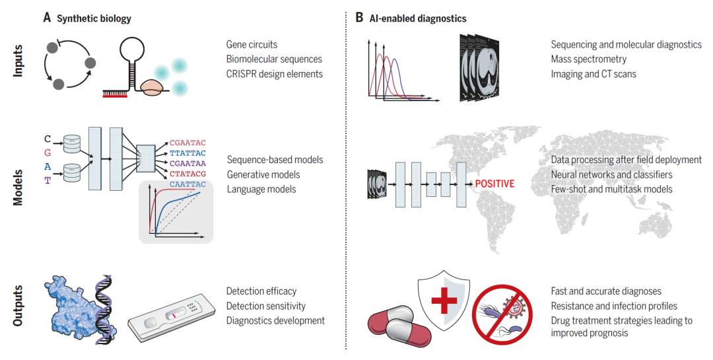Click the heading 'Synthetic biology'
click(94, 18)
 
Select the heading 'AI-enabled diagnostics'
click(418, 18)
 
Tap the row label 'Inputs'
click(18, 61)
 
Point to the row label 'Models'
click(18, 188)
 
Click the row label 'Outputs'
click(18, 306)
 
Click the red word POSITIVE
click(494, 184)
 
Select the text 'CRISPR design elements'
click(275, 74)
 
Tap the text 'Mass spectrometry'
click(588, 59)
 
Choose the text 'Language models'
click(261, 190)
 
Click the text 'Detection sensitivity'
click(266, 306)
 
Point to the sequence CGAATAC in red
click(187, 143)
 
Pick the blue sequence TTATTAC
click(187, 153)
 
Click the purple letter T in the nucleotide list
click(48, 181)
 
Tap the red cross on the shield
click(444, 299)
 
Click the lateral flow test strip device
click(172, 317)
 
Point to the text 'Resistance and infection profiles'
click(614, 306)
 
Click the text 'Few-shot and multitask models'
click(611, 190)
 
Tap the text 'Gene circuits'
click(252, 45)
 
